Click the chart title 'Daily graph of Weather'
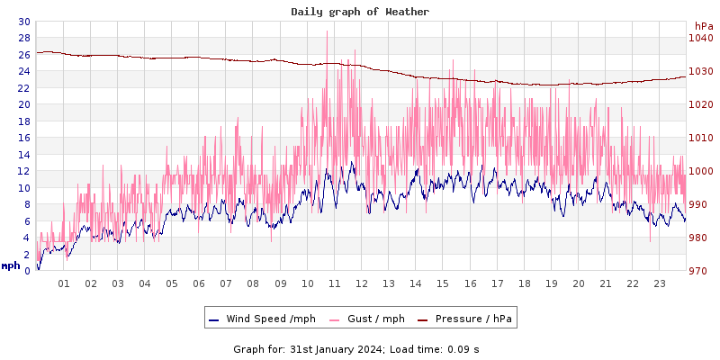[x=360, y=12]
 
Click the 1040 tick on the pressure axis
[x=700, y=38]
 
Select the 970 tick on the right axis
[x=700, y=271]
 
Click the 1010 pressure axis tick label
[x=700, y=138]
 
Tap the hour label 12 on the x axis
[x=361, y=283]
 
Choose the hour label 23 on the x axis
[x=659, y=283]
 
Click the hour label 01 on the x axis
[x=64, y=283]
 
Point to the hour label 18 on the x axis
[x=524, y=283]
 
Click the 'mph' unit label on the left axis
[x=10, y=265]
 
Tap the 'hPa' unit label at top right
[x=702, y=26]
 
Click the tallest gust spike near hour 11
[x=327, y=32]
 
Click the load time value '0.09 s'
[x=464, y=348]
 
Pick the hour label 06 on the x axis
[x=199, y=283]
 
